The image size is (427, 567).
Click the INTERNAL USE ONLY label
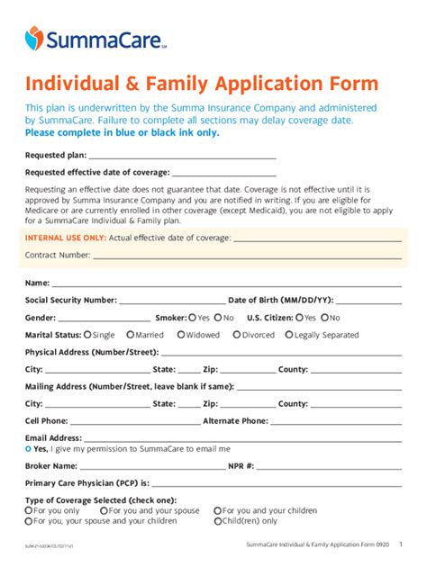coord(66,238)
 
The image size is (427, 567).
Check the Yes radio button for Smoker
coord(192,318)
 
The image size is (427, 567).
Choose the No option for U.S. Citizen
coord(325,318)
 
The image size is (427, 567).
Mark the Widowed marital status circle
coord(181,335)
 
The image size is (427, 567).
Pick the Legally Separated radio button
coord(289,335)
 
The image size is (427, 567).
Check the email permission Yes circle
coord(29,448)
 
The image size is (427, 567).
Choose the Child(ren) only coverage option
coord(218,520)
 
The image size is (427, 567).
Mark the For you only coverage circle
coord(29,510)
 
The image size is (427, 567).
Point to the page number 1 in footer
coord(401,544)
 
